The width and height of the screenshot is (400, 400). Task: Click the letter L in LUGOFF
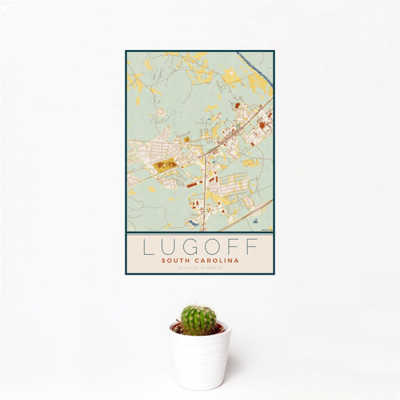point(148,247)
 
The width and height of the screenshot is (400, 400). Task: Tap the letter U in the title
point(169,247)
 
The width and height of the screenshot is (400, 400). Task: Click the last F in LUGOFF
point(251,247)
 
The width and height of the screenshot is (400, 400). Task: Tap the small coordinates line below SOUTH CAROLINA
point(199,268)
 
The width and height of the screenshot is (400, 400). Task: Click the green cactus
point(199,320)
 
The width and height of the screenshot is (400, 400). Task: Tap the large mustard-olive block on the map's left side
point(164,163)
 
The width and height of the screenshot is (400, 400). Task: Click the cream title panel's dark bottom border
point(199,273)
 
